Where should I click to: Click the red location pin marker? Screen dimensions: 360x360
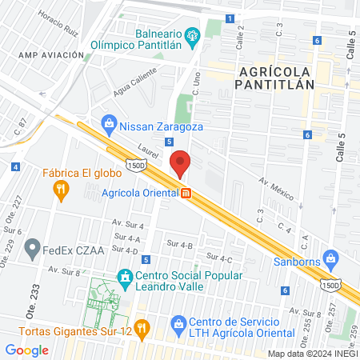[x=181, y=163]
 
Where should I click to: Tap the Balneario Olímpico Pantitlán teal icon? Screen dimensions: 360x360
[x=191, y=36]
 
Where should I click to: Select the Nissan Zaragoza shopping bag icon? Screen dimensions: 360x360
[x=109, y=124]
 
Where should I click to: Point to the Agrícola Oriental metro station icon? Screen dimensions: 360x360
[x=186, y=194]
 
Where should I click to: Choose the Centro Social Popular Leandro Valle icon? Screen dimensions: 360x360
[x=124, y=276]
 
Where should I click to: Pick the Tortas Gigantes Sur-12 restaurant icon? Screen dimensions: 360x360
[x=141, y=326]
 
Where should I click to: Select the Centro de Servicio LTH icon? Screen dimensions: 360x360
[x=178, y=323]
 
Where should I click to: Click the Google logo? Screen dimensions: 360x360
[x=26, y=350]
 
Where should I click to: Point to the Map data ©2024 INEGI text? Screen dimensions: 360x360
[x=311, y=353]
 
